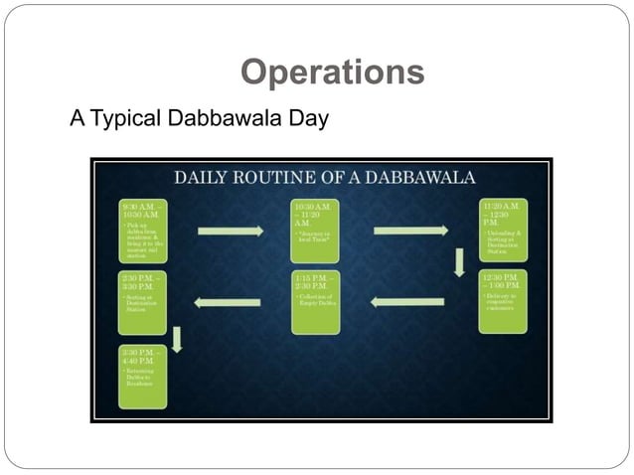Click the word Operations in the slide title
[333, 73]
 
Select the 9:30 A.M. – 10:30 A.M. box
[143, 231]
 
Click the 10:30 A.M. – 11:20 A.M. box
[315, 231]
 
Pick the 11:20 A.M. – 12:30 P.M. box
[502, 231]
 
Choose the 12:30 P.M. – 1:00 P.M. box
[502, 301]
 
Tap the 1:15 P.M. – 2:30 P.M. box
[315, 301]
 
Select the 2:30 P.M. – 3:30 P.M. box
[143, 301]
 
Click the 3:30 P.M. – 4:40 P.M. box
[143, 377]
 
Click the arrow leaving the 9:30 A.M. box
[230, 232]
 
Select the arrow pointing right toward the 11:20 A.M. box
[409, 232]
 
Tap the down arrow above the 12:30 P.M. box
[459, 262]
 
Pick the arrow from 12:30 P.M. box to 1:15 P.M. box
[407, 302]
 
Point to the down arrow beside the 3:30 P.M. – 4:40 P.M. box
[178, 339]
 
